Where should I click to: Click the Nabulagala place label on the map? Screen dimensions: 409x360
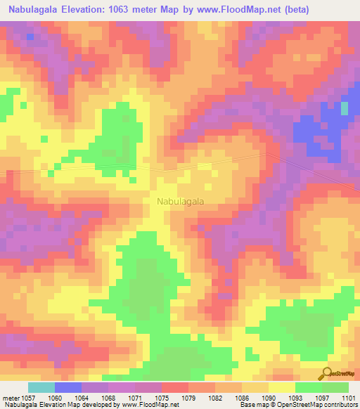179,201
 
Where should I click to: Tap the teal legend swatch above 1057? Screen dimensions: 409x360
41,387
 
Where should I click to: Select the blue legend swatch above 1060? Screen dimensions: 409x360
68,387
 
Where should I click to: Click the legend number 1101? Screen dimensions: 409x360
349,397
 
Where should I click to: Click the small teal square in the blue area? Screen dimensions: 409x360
345,108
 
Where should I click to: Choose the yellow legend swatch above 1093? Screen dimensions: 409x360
282,387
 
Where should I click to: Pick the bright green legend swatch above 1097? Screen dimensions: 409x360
309,387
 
